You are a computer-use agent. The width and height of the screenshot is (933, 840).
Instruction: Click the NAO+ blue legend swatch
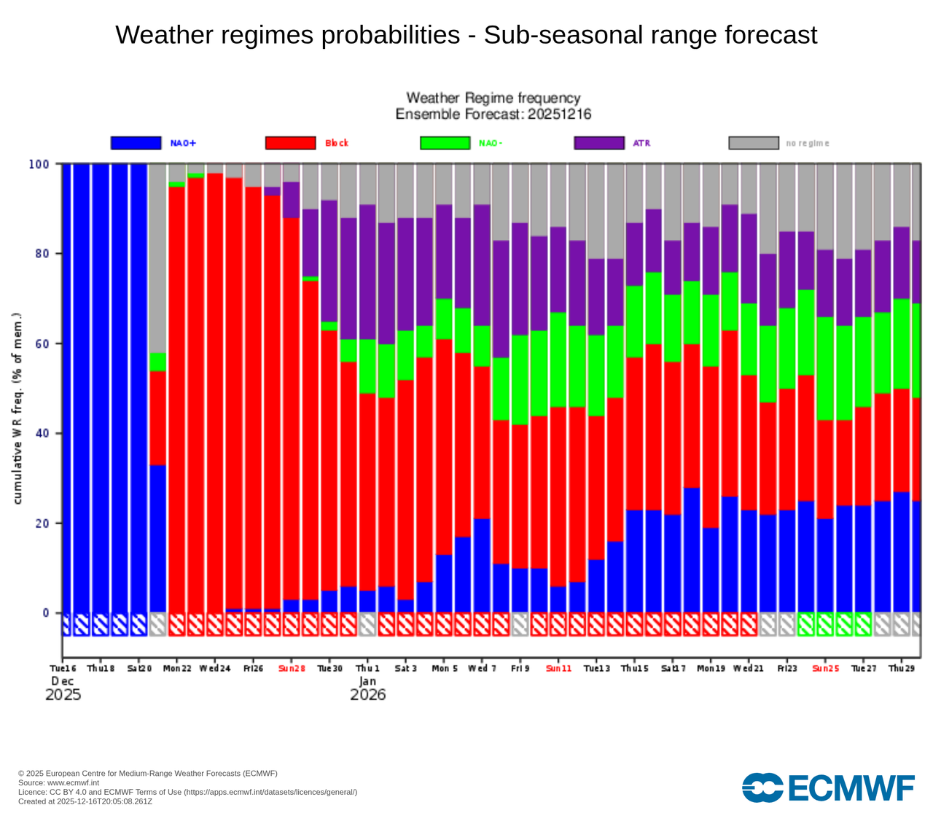coord(136,143)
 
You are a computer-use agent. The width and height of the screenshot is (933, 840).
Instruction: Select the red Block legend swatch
coord(290,143)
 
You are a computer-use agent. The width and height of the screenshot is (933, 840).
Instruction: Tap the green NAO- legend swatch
coord(445,143)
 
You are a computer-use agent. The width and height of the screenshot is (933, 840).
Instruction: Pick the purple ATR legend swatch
coord(599,143)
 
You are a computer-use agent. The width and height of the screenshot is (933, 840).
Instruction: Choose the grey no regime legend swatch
coord(754,143)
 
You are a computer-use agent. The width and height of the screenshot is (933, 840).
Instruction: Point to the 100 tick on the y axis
coord(39,164)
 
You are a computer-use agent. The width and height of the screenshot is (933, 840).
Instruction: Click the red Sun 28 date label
coord(292,668)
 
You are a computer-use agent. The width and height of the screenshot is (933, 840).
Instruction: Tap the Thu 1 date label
coord(367,668)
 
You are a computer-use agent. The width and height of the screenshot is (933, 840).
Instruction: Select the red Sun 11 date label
coord(558,668)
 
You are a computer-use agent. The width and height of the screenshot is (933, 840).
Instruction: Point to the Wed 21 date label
coord(749,668)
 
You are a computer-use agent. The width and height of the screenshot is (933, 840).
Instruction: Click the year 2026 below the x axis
coord(367,694)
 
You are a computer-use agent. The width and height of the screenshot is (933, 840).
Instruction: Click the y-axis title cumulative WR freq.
coord(17,408)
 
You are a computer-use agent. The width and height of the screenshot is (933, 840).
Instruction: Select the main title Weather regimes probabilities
coord(466,35)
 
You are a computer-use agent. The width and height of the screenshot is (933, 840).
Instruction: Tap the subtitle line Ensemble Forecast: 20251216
coord(493,114)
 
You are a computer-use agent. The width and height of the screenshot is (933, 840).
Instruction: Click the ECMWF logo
coord(828,787)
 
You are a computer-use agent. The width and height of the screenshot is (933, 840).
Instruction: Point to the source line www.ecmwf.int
coord(58,782)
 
